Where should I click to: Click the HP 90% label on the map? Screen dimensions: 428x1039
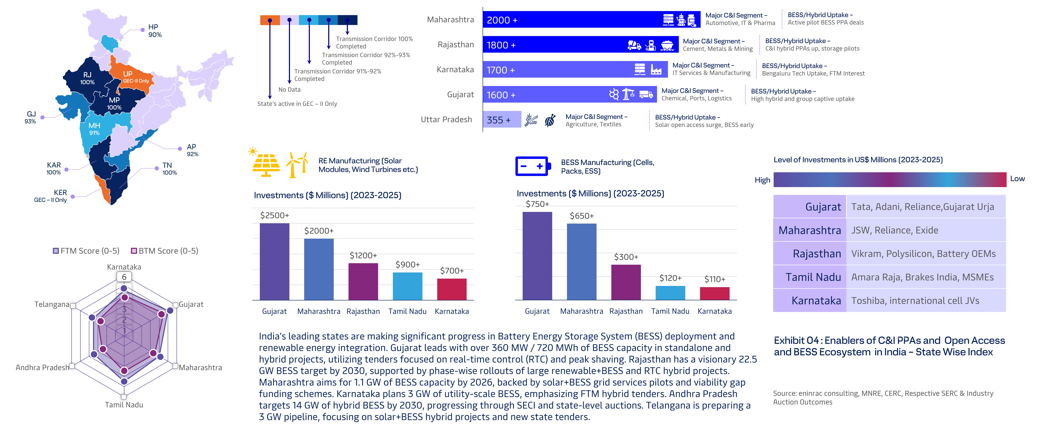tap(155, 31)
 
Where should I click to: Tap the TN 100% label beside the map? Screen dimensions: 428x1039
tap(169, 169)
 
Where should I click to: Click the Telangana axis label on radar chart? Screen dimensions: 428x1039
tap(52, 304)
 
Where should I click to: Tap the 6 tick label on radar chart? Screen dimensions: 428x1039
tap(124, 277)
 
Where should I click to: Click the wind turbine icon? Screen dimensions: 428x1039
tap(297, 164)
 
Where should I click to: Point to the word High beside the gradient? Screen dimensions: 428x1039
tap(762, 180)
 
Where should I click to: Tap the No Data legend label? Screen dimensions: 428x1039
tap(289, 90)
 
